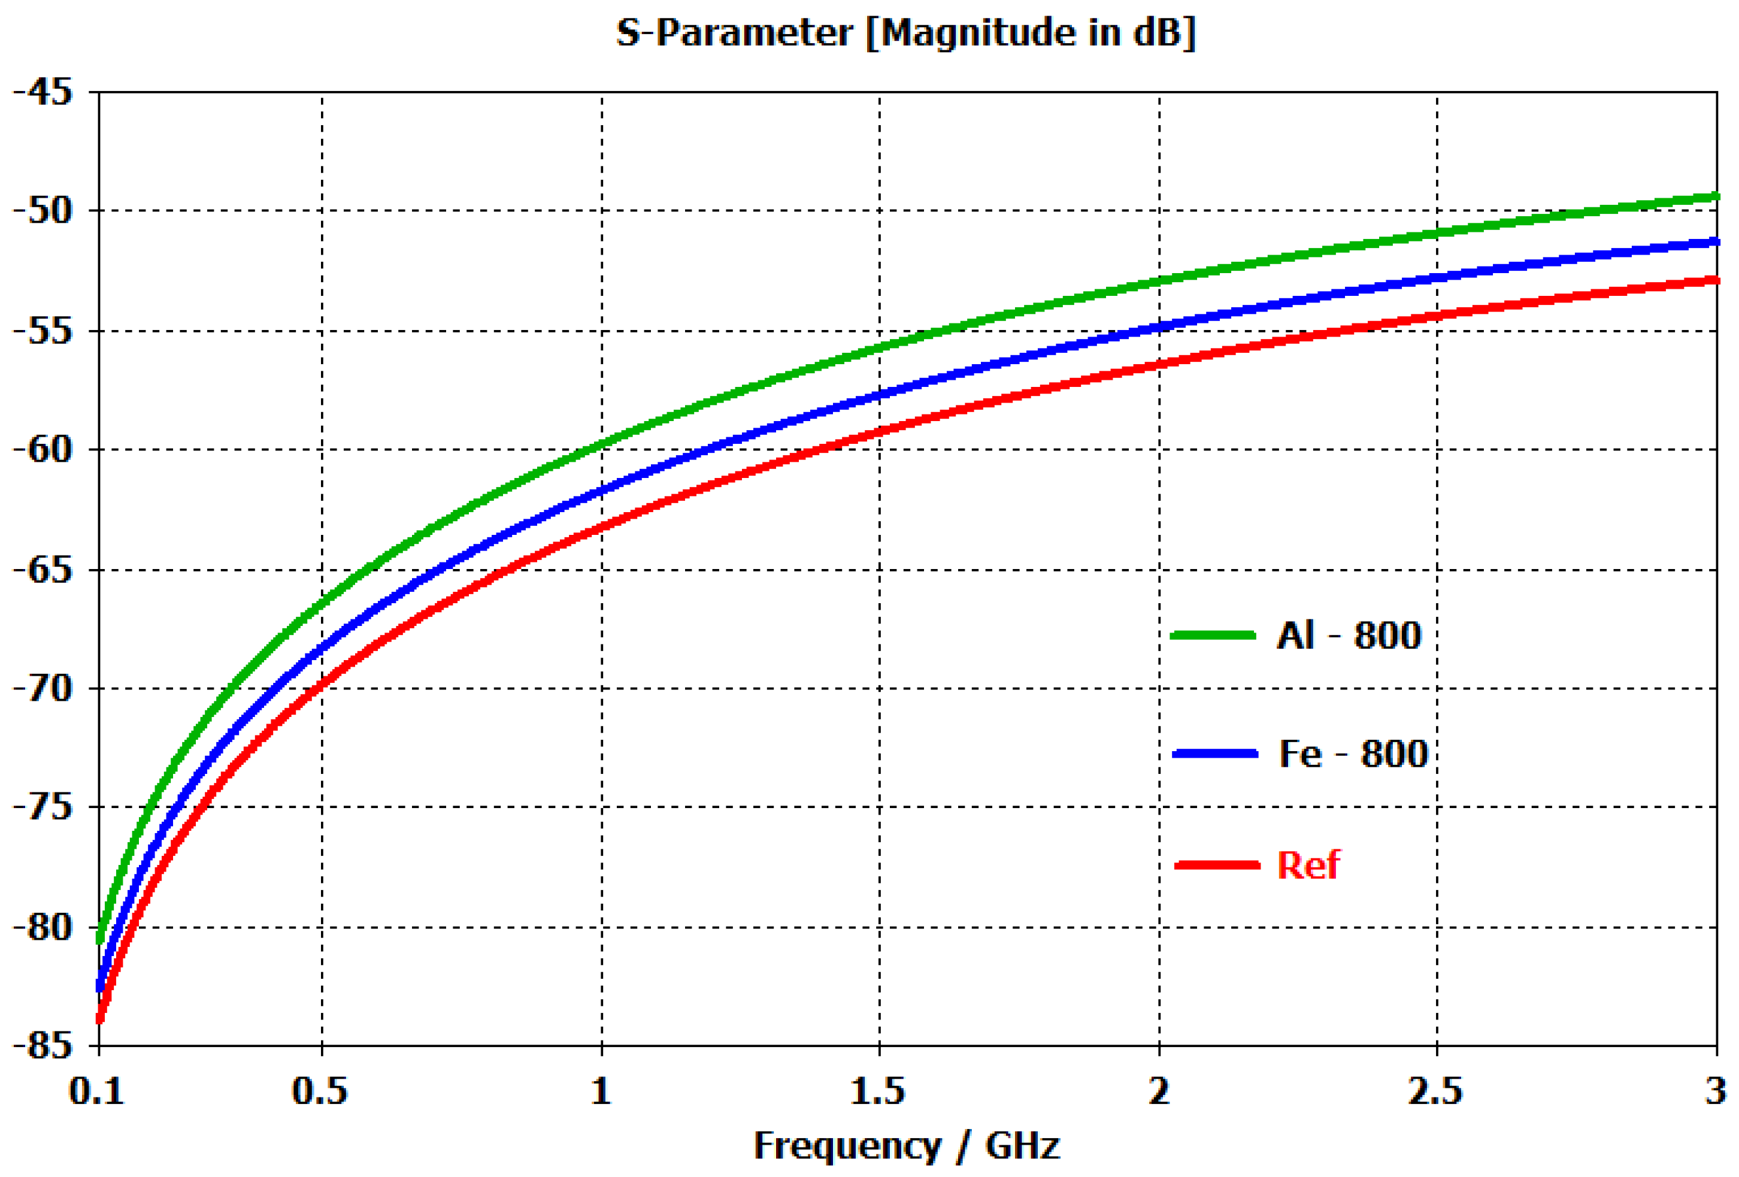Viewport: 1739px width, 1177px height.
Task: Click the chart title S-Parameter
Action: click(905, 33)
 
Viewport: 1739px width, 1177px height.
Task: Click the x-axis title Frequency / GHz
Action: click(906, 1146)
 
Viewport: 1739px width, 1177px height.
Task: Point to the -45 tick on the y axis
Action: click(43, 92)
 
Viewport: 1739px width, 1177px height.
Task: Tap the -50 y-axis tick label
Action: click(43, 210)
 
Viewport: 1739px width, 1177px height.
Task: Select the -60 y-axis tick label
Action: click(43, 449)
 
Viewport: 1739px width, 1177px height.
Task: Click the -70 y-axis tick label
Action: click(43, 688)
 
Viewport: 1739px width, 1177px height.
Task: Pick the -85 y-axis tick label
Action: click(43, 1045)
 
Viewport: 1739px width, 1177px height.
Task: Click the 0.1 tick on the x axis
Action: click(96, 1092)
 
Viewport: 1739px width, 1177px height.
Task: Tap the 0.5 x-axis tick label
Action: click(320, 1092)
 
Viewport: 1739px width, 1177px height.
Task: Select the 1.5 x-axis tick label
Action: click(878, 1092)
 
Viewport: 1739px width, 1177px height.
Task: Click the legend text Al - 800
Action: click(1349, 636)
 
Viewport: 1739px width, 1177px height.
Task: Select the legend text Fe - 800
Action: click(1353, 754)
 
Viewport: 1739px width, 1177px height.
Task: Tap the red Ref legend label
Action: click(1308, 865)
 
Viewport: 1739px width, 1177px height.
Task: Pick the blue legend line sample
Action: click(1215, 754)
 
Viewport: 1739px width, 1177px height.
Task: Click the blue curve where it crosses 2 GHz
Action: click(1159, 327)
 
